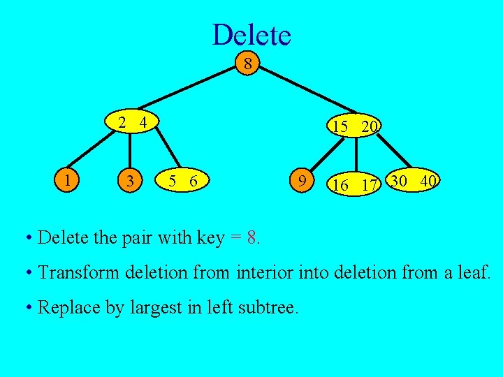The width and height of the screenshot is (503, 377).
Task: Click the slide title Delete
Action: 251,34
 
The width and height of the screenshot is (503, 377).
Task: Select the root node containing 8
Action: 247,65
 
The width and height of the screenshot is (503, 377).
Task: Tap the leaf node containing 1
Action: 67,180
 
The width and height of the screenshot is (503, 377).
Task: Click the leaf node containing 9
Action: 301,182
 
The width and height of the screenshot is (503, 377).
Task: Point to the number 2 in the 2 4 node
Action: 122,123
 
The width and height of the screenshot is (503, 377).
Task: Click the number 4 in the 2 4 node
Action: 143,123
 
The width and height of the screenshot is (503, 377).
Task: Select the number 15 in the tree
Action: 341,126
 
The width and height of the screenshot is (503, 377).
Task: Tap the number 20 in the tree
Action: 370,126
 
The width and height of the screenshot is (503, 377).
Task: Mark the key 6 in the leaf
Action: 194,181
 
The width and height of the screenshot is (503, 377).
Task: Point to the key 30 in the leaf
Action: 400,181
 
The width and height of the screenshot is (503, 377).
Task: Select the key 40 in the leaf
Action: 428,181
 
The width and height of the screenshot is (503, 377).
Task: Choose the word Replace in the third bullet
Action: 64,307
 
